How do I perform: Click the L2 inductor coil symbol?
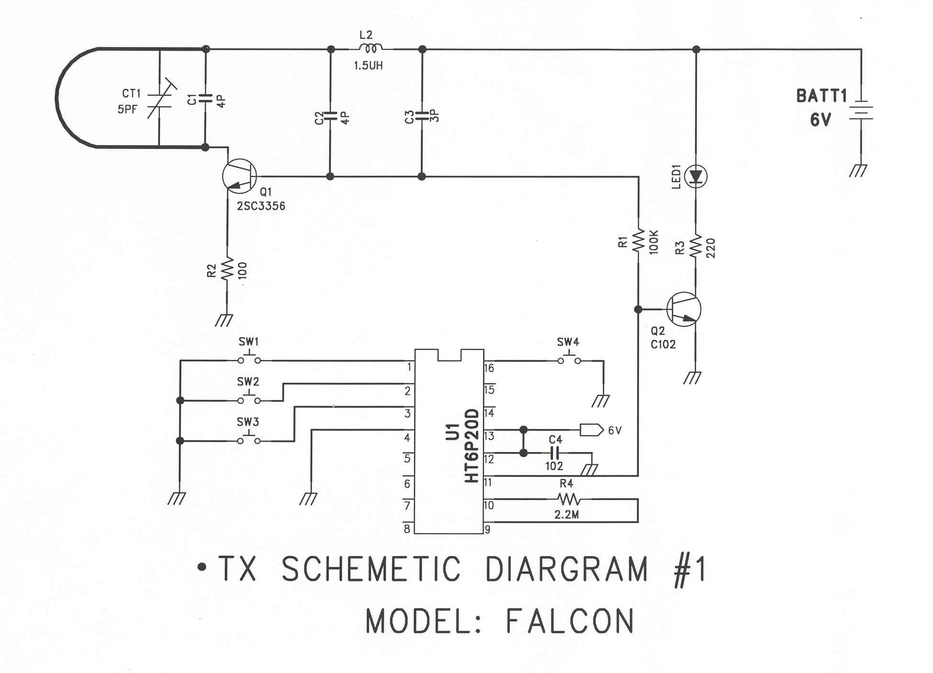(x=371, y=48)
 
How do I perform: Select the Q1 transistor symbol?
(x=239, y=176)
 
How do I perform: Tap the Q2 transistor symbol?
(x=684, y=309)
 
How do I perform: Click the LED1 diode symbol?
(x=696, y=176)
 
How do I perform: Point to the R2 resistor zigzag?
(x=227, y=269)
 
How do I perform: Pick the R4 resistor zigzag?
(x=569, y=500)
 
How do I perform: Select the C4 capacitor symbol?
(x=555, y=452)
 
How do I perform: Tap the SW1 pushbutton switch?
(x=249, y=359)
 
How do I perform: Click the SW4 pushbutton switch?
(x=569, y=359)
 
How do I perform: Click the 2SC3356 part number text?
(x=261, y=206)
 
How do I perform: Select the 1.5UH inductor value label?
(x=368, y=66)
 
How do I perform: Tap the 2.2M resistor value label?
(x=567, y=515)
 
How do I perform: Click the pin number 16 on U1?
(x=489, y=368)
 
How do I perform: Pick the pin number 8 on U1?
(x=407, y=529)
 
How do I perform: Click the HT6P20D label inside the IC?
(x=472, y=445)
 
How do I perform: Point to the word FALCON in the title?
(x=570, y=621)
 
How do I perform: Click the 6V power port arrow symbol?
(x=591, y=430)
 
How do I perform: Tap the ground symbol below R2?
(x=224, y=320)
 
